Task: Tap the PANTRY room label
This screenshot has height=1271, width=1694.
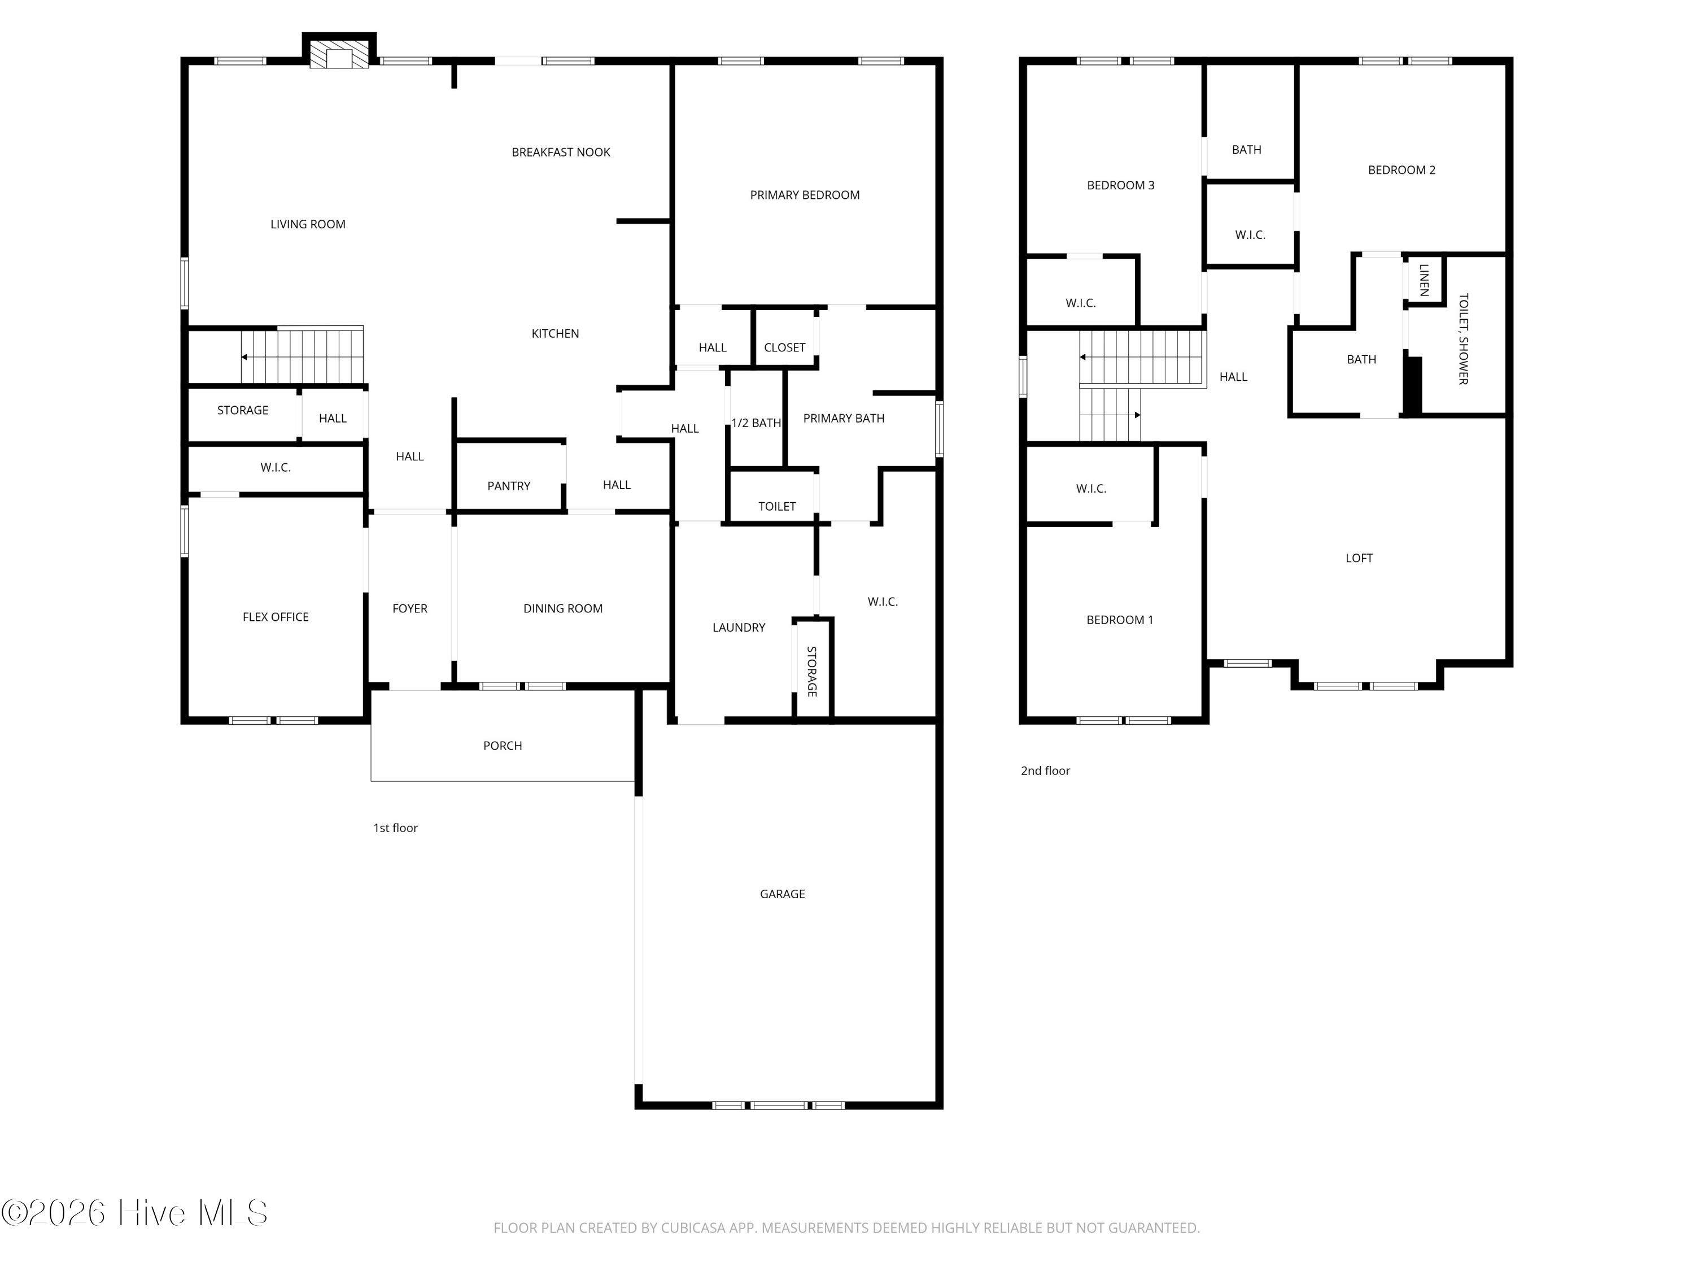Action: coord(509,486)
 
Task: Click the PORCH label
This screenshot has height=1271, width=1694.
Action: coord(503,746)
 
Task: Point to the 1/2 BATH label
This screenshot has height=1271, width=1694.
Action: coord(756,423)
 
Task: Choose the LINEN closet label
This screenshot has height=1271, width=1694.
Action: coord(1424,280)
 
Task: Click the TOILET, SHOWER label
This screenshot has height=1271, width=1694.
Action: coord(1462,338)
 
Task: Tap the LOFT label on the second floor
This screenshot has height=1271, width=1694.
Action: coord(1359,558)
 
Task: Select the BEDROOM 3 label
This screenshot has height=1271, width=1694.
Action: coord(1120,185)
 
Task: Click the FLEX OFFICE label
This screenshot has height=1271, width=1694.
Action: coord(276,617)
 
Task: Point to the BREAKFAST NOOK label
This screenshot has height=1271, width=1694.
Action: coord(561,152)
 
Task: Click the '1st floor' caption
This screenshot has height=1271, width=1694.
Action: coord(395,828)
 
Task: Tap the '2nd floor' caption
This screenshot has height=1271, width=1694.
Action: coord(1045,771)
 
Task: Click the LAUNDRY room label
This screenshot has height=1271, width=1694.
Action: coord(738,628)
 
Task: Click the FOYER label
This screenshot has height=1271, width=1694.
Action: coord(410,608)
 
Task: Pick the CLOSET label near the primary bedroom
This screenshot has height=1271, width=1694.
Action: coord(784,347)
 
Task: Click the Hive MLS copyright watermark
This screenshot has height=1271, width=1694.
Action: coord(135,1213)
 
